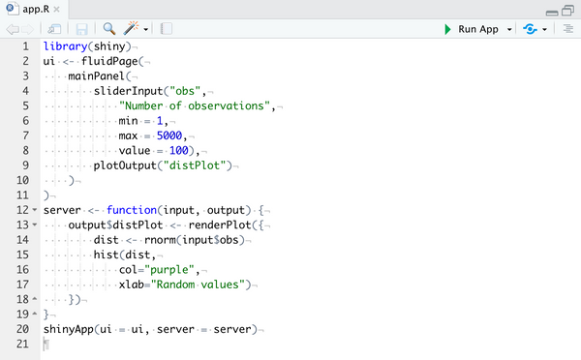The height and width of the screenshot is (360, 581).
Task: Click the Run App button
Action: (472, 29)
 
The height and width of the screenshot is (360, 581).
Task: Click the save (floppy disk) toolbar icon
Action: (81, 29)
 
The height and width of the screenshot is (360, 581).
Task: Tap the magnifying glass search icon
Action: (108, 29)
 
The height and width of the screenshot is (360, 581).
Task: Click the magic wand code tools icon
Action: (132, 29)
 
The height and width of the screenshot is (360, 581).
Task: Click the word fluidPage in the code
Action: (111, 61)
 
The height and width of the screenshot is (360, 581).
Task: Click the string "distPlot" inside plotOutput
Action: (198, 165)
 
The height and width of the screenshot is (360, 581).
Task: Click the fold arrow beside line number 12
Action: (36, 210)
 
